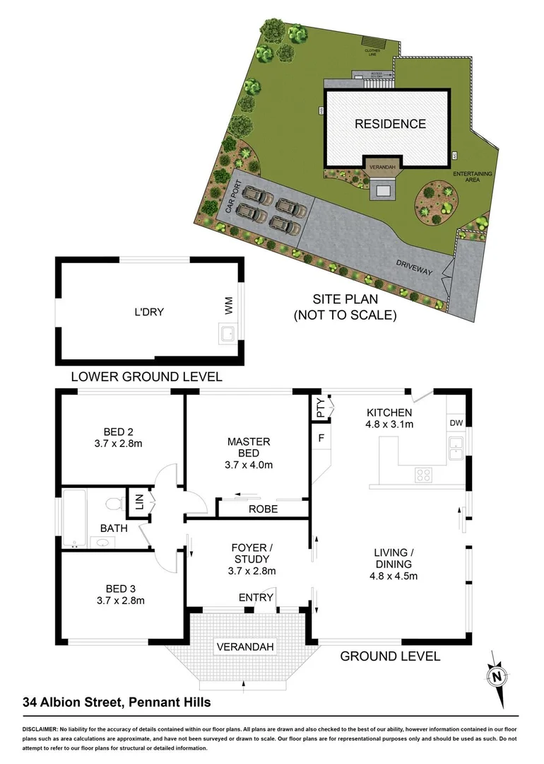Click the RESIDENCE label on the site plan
coord(390,124)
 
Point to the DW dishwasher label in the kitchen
coord(456,423)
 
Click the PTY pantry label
coord(320,408)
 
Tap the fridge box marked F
coord(321,438)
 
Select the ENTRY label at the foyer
coord(256,598)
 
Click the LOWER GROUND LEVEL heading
coord(146,377)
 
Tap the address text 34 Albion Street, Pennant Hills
coord(117,702)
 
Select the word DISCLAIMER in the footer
coord(40,729)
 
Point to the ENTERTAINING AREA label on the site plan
coord(473,177)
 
